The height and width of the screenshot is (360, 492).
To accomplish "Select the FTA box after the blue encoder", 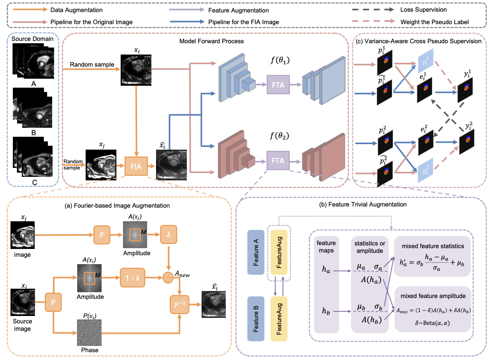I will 278,85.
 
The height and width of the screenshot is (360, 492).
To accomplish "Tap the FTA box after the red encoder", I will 278,161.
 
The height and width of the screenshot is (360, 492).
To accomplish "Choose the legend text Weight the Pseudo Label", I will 440,22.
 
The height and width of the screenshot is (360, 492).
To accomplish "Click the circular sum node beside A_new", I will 168,278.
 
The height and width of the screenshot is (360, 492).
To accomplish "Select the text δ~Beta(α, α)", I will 433,324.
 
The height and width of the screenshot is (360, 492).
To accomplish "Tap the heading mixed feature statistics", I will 433,247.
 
